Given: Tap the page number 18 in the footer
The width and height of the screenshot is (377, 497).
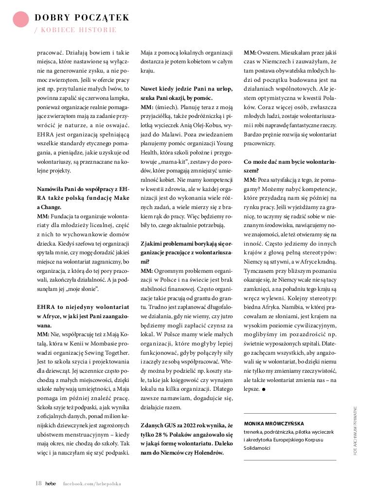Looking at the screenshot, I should click(x=38, y=483).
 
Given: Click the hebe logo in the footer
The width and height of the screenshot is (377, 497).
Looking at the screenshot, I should click(x=51, y=484).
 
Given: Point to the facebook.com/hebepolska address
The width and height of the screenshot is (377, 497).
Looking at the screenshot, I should click(x=92, y=484).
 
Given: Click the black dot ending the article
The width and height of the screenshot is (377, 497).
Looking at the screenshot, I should click(x=263, y=389).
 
